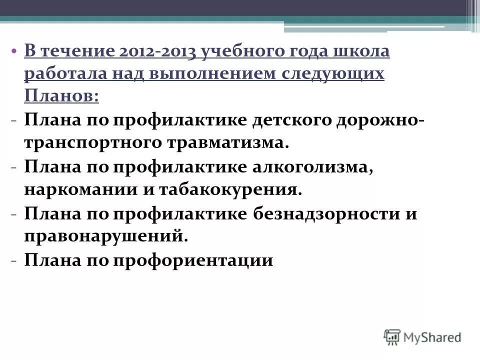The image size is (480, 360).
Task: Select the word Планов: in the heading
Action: click(x=61, y=95)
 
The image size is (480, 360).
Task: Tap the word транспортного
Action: click(x=91, y=142)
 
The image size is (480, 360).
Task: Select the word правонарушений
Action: click(x=106, y=235)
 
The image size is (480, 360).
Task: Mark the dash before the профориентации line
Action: click(x=15, y=260)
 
